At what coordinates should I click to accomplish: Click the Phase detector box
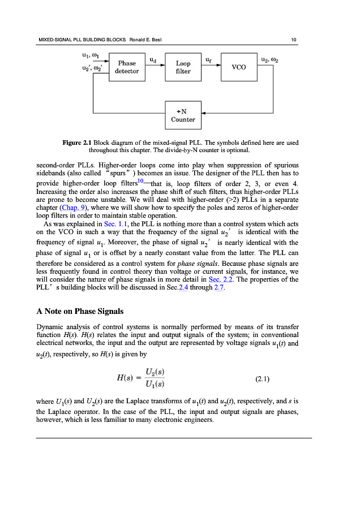click(x=127, y=67)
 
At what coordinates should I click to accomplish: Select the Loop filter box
click(x=183, y=67)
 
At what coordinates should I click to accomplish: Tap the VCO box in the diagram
click(x=238, y=67)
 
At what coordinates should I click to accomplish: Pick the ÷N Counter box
click(x=183, y=115)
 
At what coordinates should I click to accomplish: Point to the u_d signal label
click(x=153, y=58)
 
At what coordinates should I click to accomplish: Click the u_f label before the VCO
click(x=208, y=58)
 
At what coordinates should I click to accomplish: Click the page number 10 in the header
click(x=294, y=39)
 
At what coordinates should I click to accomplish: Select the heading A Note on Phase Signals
click(x=80, y=311)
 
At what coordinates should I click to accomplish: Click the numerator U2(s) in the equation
click(x=155, y=374)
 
